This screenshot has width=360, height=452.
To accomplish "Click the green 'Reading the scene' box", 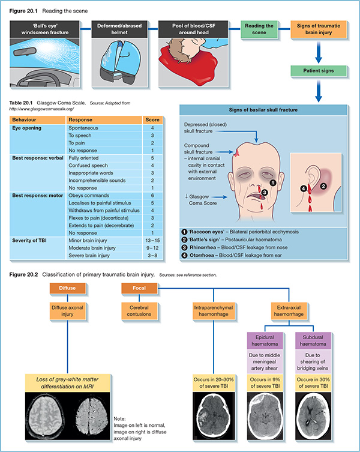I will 260,29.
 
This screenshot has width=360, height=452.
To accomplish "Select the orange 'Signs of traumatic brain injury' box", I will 320,29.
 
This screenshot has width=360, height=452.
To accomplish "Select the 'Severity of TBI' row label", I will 30,239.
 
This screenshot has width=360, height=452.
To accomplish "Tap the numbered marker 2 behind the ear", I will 323,187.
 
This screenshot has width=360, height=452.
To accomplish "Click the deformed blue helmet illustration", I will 117,57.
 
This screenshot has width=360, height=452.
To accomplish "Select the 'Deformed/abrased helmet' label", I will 117,29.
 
